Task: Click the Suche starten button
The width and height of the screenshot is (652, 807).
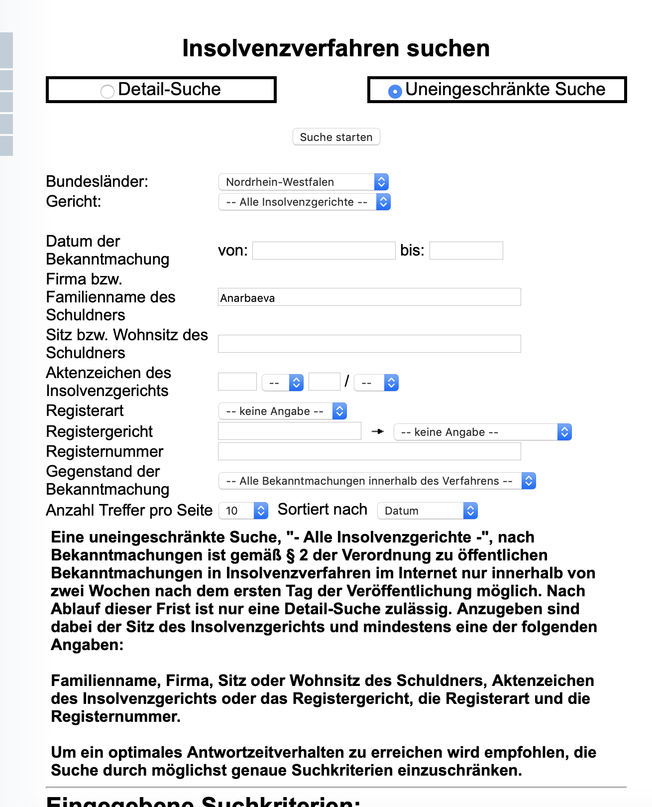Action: (336, 137)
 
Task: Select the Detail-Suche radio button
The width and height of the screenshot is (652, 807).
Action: (108, 91)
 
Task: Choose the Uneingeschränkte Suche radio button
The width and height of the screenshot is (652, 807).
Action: (395, 91)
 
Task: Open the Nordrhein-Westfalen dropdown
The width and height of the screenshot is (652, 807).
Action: (303, 182)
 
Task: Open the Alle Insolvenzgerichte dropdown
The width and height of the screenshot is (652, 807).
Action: (304, 202)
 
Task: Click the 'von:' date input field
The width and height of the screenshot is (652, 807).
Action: (324, 251)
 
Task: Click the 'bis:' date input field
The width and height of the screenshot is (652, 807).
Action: (466, 251)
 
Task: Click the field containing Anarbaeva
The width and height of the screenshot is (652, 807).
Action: (369, 297)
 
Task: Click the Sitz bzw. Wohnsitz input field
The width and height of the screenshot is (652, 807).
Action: (369, 344)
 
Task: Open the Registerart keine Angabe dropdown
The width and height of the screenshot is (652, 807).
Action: (282, 411)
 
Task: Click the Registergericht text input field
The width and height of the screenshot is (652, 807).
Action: (289, 431)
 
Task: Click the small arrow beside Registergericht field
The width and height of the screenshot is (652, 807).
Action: (378, 431)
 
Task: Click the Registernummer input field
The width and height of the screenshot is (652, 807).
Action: (369, 451)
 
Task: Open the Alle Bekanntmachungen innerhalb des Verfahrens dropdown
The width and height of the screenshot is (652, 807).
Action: (377, 481)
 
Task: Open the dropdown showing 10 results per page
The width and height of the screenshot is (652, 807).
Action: (243, 511)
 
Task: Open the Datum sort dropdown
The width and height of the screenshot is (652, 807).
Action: (427, 511)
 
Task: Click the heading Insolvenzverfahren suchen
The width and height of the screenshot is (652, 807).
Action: (336, 48)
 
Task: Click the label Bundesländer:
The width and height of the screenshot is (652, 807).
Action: (97, 181)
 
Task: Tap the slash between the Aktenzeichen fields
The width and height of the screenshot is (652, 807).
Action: (347, 382)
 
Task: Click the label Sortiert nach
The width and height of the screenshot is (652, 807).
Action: (322, 509)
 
